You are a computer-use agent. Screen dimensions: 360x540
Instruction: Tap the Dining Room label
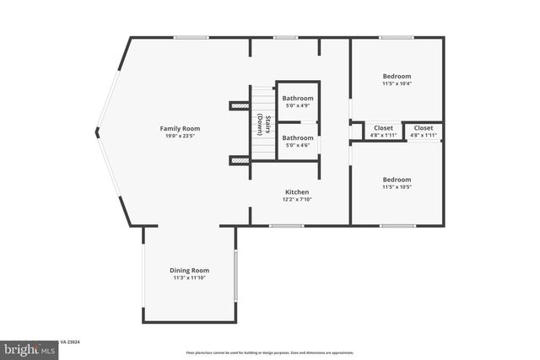[190, 270]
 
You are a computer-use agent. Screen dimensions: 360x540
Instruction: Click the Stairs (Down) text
[262, 124]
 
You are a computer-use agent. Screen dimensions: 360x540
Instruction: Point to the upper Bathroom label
[298, 99]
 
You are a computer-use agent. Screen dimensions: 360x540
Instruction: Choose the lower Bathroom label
[298, 137]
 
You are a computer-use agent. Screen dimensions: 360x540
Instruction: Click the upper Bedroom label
[397, 76]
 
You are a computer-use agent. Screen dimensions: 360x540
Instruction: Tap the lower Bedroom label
[397, 180]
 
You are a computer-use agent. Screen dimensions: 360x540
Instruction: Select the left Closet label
[384, 128]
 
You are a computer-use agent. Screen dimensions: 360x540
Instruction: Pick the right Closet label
[424, 128]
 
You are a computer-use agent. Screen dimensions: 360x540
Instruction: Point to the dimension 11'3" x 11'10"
[190, 277]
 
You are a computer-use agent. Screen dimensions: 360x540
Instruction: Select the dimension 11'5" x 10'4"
[397, 83]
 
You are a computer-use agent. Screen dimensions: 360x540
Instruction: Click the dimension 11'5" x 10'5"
[397, 186]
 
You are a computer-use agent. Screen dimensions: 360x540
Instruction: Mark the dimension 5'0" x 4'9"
[298, 105]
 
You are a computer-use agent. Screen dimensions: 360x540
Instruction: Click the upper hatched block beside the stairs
[240, 105]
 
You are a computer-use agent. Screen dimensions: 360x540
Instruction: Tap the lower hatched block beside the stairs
[240, 159]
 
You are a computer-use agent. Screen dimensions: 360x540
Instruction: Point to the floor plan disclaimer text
[270, 352]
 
